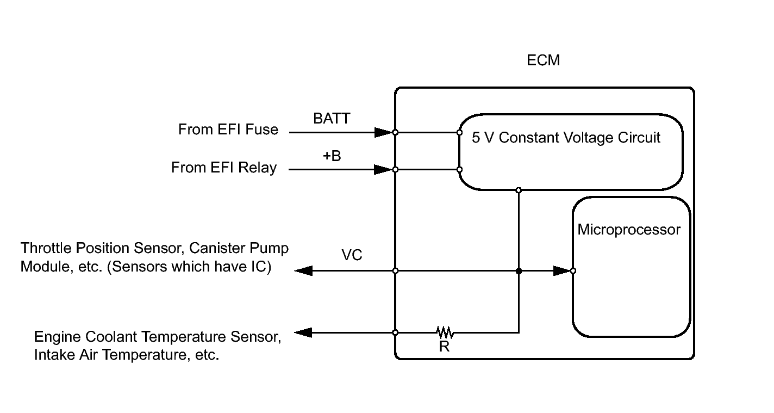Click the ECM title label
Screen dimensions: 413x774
(x=543, y=60)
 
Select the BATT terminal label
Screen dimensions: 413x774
(x=332, y=119)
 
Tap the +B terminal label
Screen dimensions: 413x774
(x=332, y=156)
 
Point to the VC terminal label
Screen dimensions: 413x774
(x=352, y=255)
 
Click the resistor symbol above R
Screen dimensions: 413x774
(x=444, y=332)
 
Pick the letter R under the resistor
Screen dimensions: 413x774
(x=444, y=347)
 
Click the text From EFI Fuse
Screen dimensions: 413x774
(x=228, y=130)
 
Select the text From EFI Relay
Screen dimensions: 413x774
(x=224, y=168)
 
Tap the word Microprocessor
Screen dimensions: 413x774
(x=629, y=230)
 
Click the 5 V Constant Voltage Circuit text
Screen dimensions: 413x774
(x=566, y=138)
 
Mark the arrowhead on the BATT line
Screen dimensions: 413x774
(x=383, y=132)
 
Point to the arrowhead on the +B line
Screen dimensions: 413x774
(x=383, y=170)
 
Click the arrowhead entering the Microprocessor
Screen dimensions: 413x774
(x=561, y=270)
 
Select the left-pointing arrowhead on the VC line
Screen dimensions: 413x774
(x=303, y=270)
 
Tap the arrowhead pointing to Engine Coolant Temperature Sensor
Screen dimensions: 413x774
(x=303, y=332)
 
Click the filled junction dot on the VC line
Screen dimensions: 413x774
(x=519, y=270)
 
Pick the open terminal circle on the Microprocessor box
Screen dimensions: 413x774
(x=573, y=270)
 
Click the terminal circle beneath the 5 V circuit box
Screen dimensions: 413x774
(x=519, y=190)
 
